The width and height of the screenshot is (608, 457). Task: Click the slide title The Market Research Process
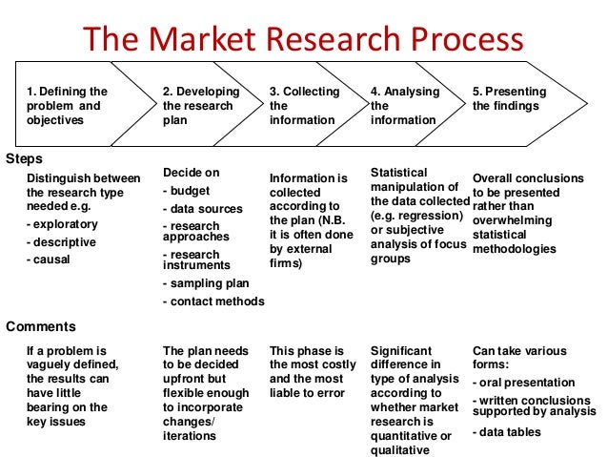pyautogui.click(x=303, y=39)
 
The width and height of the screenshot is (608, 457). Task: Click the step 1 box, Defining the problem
pyautogui.click(x=67, y=106)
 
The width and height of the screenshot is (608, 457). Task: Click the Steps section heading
pyautogui.click(x=24, y=157)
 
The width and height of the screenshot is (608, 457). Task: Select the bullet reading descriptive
pyautogui.click(x=57, y=241)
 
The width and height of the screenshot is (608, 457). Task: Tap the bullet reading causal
pyautogui.click(x=48, y=259)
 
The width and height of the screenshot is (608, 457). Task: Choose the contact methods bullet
pyautogui.click(x=213, y=301)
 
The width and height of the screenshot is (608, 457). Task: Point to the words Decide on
pyautogui.click(x=192, y=173)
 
